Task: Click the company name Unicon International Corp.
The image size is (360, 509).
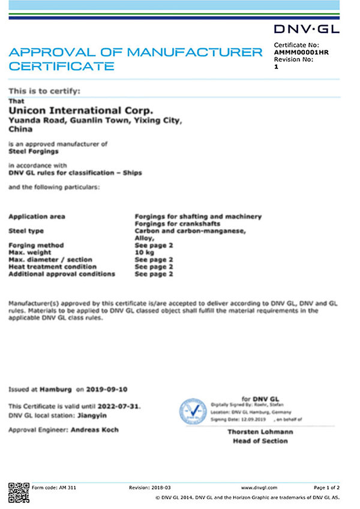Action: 81,110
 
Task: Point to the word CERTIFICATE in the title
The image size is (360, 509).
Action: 61,65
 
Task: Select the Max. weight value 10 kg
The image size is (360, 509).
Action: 145,252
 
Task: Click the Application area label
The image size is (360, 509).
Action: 37,216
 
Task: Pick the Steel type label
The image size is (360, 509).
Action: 26,231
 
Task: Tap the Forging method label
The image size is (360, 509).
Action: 36,245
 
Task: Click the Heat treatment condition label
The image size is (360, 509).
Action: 52,267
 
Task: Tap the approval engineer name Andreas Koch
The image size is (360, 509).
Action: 94,430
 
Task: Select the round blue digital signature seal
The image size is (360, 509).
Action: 194,412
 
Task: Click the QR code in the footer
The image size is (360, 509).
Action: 19,491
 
